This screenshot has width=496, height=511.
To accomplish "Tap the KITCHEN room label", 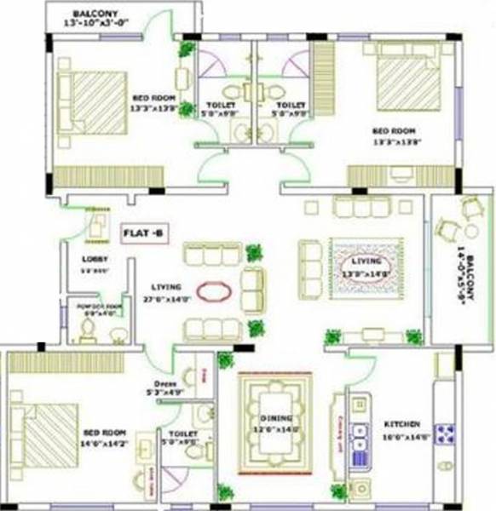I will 401,424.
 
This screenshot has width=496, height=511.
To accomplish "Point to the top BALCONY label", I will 95,14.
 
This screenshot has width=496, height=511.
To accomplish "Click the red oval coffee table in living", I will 213,291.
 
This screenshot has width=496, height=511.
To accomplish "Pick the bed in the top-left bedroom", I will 92,100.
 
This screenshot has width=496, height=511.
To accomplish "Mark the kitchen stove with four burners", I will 445,434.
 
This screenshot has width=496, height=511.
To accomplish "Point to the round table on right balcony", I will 471,231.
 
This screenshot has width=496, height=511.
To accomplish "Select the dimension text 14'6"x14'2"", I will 106,432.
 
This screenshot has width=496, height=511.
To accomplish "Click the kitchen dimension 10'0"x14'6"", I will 401,436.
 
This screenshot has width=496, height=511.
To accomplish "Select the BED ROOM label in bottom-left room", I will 104,422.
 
